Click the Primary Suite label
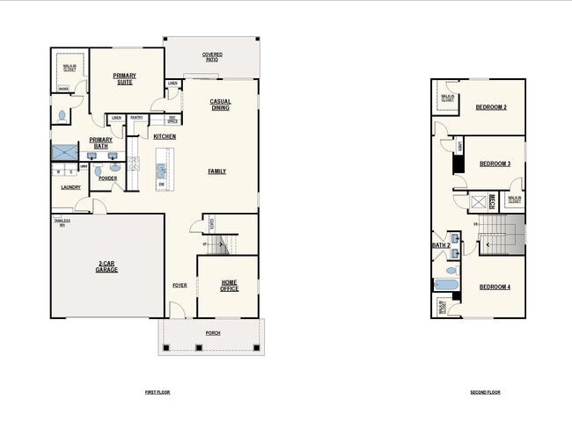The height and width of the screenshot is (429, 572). click(x=125, y=79)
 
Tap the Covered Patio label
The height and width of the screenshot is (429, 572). click(x=212, y=56)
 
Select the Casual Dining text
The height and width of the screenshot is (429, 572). click(x=220, y=104)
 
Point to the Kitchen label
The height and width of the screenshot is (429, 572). click(x=165, y=137)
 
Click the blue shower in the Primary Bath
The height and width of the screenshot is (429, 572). click(x=64, y=153)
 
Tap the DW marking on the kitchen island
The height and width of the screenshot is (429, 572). click(x=161, y=184)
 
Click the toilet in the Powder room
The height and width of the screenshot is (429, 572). click(x=98, y=171)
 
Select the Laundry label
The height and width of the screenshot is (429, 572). click(x=71, y=187)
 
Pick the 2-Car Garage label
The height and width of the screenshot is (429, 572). click(x=107, y=265)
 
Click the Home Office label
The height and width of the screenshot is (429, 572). click(x=229, y=285)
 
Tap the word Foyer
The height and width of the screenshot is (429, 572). click(x=180, y=285)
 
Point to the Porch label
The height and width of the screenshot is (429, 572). click(x=212, y=333)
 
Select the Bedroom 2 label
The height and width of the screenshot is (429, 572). click(x=491, y=107)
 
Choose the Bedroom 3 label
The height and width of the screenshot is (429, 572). click(x=495, y=164)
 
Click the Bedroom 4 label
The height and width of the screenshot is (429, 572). click(x=495, y=287)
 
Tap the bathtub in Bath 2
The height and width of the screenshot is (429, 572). click(x=444, y=285)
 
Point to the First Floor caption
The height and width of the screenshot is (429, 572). click(x=158, y=392)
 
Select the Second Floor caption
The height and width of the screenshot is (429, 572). click(x=485, y=392)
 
